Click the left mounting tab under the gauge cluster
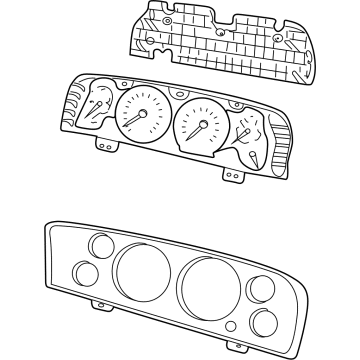(x=102, y=143)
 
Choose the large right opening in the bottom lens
(x=205, y=282)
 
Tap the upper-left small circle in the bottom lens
(x=99, y=245)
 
